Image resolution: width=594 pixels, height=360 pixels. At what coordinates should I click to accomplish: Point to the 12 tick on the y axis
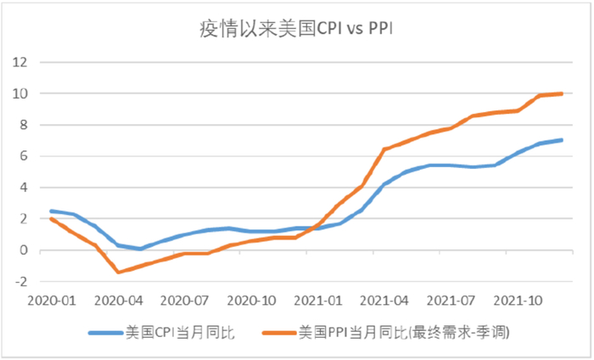[20, 62]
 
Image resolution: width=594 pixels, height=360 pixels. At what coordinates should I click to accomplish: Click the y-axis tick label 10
[20, 93]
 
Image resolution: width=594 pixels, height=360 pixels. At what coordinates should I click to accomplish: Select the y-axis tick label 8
[23, 125]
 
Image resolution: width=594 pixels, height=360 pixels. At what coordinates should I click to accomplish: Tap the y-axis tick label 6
[23, 156]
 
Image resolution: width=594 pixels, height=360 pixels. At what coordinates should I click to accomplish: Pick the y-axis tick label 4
[23, 188]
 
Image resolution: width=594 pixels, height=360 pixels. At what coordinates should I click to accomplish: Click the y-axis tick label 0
[23, 250]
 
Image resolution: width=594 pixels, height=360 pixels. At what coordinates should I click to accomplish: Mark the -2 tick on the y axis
[20, 282]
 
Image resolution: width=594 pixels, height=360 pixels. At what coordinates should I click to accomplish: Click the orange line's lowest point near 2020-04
[118, 272]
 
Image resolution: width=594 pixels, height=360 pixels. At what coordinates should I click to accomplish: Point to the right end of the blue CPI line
[561, 140]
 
